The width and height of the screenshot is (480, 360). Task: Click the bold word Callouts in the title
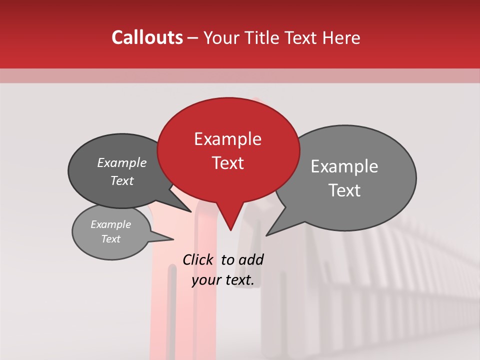(x=147, y=37)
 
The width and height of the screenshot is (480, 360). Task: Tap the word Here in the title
(x=341, y=37)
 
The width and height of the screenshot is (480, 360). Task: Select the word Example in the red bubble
(x=227, y=139)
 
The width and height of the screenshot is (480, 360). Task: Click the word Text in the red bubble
(x=227, y=163)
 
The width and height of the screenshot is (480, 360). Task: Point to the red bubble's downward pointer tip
(x=230, y=230)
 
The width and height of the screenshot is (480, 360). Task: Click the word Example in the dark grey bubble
(x=122, y=162)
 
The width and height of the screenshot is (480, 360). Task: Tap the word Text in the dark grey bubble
(x=122, y=180)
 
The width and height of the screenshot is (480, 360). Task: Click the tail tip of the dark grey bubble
(x=190, y=211)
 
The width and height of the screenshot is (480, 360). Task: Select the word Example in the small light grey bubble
(x=111, y=224)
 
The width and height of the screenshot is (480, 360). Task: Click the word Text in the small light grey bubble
(x=111, y=239)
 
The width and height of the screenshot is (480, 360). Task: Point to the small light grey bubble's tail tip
(x=173, y=239)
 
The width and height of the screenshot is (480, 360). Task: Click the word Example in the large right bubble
(x=344, y=166)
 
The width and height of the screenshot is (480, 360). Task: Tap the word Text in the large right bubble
(x=344, y=190)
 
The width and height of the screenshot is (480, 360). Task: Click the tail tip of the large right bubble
(x=266, y=235)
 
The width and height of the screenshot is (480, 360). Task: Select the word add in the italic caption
(x=251, y=259)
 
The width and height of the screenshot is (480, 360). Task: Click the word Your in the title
(x=220, y=37)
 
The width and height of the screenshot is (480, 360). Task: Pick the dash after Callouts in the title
(x=193, y=38)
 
